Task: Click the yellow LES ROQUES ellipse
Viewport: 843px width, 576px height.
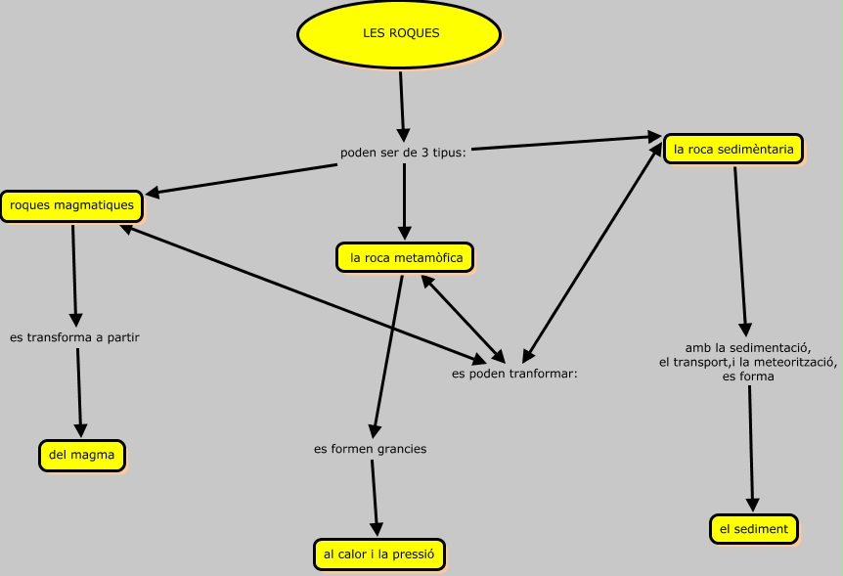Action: [399, 33]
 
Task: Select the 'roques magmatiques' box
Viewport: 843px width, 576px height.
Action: [72, 205]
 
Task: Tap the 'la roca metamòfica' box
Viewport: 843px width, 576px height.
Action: [405, 257]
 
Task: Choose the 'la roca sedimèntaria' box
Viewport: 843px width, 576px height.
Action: [733, 149]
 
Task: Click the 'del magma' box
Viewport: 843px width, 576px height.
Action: [82, 455]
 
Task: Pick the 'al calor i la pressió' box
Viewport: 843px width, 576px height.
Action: [379, 554]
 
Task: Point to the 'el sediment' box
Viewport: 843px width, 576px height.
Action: [754, 529]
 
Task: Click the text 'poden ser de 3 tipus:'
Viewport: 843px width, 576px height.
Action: [403, 153]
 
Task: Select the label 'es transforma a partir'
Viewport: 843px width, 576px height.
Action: [74, 337]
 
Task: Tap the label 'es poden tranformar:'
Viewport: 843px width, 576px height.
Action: [514, 374]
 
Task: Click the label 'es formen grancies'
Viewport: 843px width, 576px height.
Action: [371, 449]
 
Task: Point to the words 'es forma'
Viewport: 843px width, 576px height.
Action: [748, 377]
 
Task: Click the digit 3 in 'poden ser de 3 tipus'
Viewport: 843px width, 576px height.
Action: [424, 153]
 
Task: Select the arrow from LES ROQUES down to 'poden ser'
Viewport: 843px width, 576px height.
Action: [402, 107]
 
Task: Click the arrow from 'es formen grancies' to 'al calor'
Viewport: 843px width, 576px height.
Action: [375, 498]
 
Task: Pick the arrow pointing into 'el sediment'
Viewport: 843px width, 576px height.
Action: [751, 449]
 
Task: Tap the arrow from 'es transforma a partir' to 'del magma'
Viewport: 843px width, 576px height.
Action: [79, 393]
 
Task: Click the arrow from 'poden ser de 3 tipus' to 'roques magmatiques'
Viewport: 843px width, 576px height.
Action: [242, 179]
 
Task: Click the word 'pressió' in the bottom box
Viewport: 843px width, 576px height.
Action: [414, 554]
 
